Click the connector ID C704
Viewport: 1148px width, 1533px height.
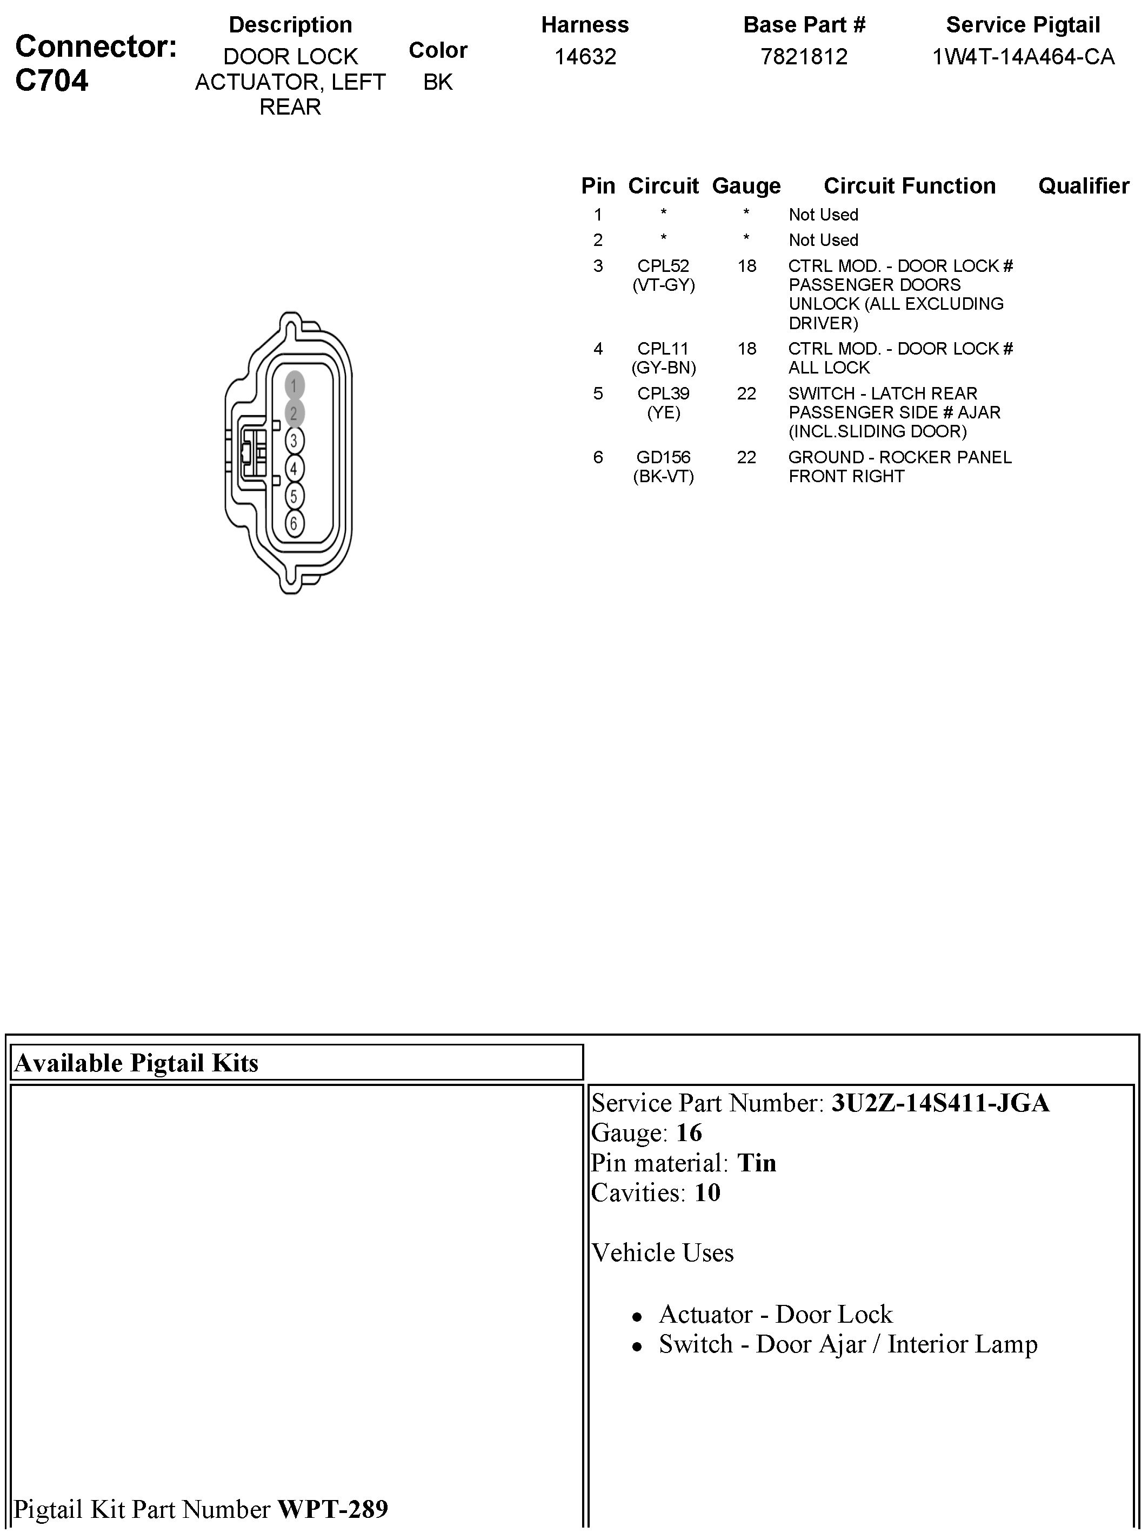[52, 81]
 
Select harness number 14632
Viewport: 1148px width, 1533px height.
[585, 56]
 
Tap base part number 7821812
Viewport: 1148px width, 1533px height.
[804, 56]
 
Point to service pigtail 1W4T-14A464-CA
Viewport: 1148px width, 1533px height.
[1023, 56]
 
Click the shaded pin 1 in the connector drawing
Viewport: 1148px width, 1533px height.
[293, 385]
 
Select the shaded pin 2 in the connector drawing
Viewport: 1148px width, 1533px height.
[293, 413]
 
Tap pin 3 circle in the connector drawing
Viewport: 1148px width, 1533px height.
[293, 441]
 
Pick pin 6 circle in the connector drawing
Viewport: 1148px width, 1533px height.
[293, 523]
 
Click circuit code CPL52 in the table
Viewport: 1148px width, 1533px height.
[663, 266]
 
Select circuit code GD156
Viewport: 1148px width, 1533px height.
[663, 457]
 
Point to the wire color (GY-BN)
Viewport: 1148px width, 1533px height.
[663, 368]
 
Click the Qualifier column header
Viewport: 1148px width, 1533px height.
[1083, 186]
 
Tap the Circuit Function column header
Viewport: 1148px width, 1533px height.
[909, 186]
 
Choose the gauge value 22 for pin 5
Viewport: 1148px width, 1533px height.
[746, 394]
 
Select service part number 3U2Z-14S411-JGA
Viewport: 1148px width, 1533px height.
[940, 1103]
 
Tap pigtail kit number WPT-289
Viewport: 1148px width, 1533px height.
[332, 1508]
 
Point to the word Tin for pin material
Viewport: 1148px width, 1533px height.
[757, 1162]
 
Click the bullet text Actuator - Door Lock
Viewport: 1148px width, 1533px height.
[775, 1314]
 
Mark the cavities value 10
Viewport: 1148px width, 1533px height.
[708, 1192]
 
